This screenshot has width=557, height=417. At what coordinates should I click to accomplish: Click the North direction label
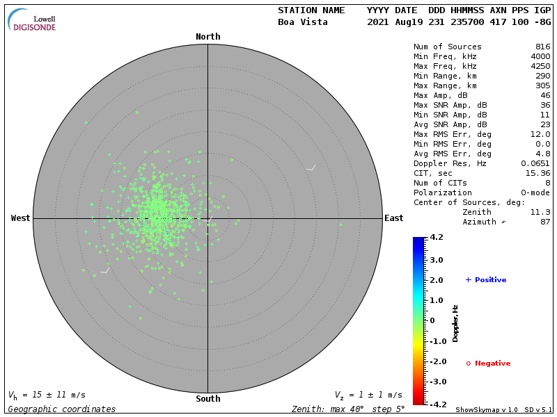pos(207,37)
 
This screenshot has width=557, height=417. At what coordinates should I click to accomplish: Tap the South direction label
pos(207,399)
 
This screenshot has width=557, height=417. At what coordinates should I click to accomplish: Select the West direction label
pos(21,218)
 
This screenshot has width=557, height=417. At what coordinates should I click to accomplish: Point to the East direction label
pos(394,218)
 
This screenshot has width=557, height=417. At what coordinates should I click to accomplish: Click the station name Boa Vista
pos(301,22)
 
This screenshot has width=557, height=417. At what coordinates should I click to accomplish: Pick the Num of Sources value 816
pos(542,47)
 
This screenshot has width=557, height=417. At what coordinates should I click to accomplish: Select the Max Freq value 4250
pos(540,67)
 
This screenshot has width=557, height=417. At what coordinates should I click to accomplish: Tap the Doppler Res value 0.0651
pos(535,163)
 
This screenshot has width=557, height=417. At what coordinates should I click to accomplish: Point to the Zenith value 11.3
pos(540,212)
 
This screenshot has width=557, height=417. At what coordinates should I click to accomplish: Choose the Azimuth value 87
pos(545,222)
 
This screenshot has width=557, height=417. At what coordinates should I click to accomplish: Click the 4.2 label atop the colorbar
pos(437,238)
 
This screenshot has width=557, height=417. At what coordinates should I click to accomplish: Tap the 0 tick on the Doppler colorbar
pos(432,320)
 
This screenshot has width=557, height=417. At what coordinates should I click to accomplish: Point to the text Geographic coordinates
pos(62,409)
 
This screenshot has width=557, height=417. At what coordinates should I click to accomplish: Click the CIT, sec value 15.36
pos(538,173)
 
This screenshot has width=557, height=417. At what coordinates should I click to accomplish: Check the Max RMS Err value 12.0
pos(540,134)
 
